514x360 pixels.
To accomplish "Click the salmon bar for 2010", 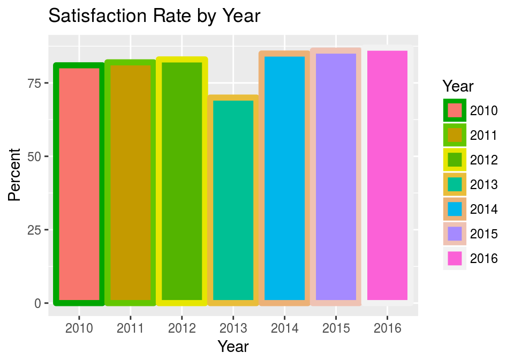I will (79, 184).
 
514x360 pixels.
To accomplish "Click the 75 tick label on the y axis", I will (34, 83).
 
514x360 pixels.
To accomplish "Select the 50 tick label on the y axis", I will (34, 156).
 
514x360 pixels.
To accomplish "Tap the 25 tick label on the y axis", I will (34, 230).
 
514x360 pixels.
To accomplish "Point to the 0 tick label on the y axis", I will (38, 303).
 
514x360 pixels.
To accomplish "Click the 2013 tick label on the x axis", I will (233, 327).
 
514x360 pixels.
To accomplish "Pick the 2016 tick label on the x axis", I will (388, 327).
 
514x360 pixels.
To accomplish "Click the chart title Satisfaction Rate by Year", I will (154, 16).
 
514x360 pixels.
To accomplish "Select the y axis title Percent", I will (15, 175).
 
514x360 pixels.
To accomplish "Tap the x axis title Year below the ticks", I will (233, 346).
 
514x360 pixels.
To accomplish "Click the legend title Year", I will (458, 86).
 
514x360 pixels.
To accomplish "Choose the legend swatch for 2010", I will (455, 111).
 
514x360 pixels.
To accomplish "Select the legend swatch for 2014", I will (455, 209).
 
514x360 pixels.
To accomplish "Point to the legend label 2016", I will (484, 259).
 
